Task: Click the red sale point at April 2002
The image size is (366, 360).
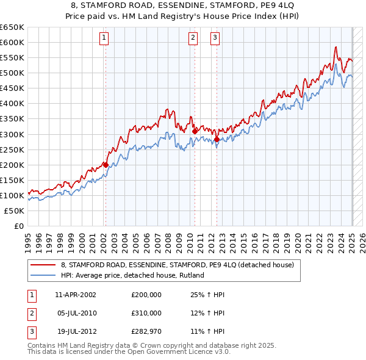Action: click(x=106, y=164)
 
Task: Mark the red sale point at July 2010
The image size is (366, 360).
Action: click(x=195, y=131)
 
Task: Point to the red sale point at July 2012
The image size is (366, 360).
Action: click(x=217, y=139)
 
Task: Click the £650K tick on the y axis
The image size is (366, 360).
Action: click(x=12, y=27)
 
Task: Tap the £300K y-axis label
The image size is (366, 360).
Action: click(x=12, y=134)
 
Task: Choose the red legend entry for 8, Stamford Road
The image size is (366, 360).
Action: click(x=178, y=265)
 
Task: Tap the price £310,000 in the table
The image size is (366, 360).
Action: click(x=146, y=313)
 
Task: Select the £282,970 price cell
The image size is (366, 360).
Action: click(x=146, y=331)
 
